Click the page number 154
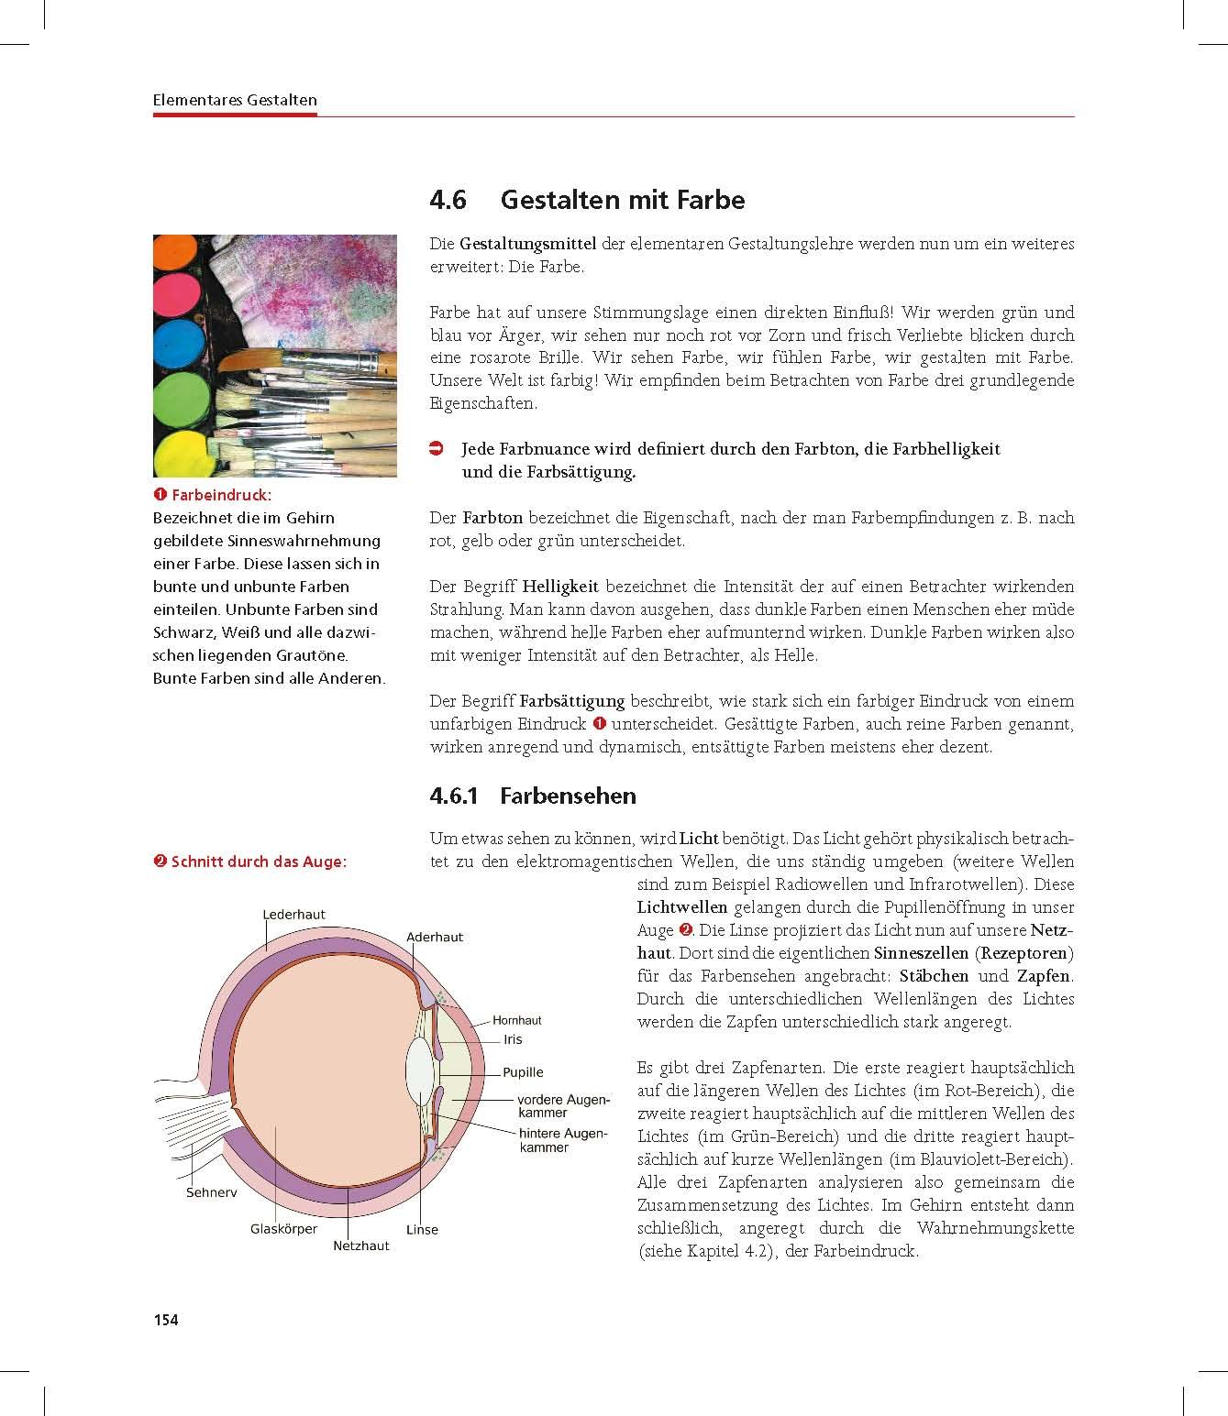[165, 1320]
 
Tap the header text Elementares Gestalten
[235, 100]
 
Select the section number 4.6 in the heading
[448, 200]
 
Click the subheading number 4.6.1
[454, 796]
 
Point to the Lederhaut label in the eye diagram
[293, 914]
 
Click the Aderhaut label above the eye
[435, 937]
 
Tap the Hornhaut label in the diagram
[516, 1020]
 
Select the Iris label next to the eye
[513, 1039]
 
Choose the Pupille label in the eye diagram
[523, 1072]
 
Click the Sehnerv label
[211, 1192]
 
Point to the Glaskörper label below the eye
[283, 1229]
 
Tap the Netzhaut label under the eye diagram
[360, 1246]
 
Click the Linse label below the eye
[422, 1229]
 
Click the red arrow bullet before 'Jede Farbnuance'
[437, 449]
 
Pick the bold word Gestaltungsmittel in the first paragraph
[527, 244]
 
